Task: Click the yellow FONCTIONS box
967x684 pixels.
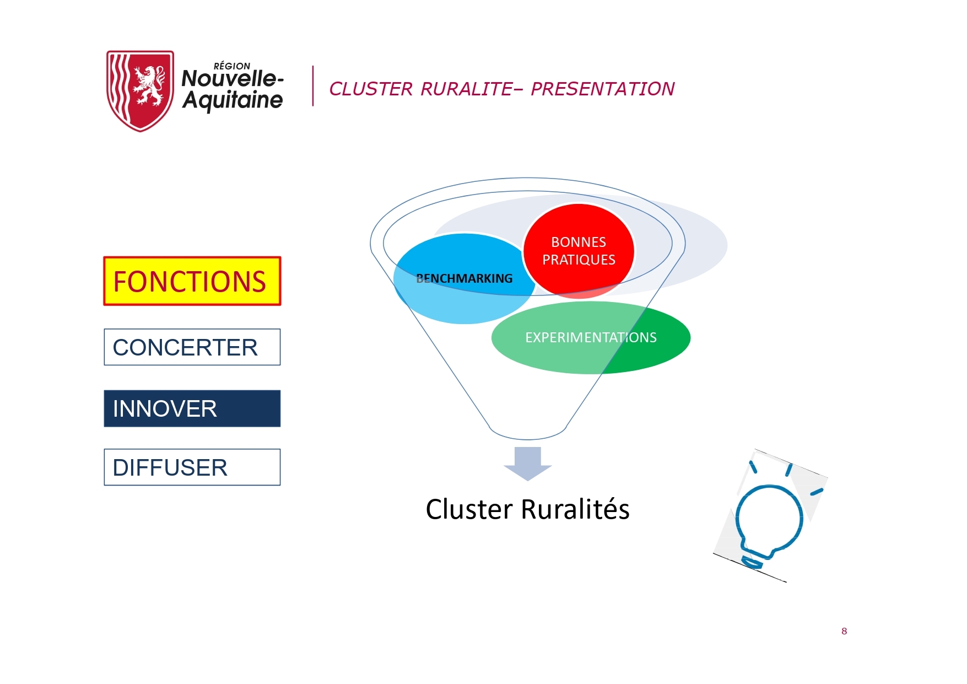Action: [x=192, y=281]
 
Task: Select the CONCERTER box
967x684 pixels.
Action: [x=192, y=347]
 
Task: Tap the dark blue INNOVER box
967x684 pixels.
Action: [x=192, y=408]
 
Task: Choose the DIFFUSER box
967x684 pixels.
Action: [x=192, y=467]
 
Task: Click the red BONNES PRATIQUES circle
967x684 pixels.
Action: [x=579, y=251]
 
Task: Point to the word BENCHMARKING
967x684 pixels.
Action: [x=464, y=278]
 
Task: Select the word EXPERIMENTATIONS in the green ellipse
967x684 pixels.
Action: [x=591, y=337]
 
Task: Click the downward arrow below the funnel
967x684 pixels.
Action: [x=528, y=464]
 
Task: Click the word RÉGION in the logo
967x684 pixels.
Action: [x=232, y=66]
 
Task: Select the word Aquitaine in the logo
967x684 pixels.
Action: [x=233, y=100]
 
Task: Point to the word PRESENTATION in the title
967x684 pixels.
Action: [x=603, y=89]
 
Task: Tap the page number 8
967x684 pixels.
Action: [x=844, y=631]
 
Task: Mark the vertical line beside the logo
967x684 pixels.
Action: [x=313, y=86]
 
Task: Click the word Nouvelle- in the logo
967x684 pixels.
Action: [x=233, y=78]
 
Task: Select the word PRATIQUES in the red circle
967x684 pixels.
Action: [x=579, y=260]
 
